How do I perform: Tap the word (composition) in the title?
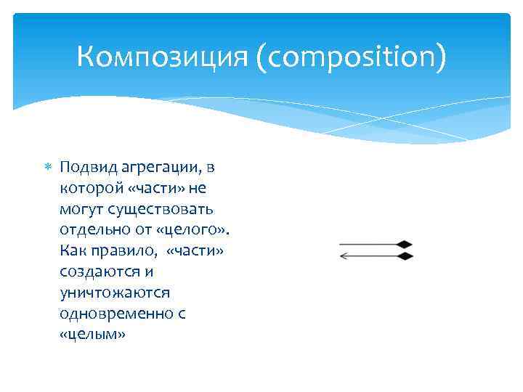349,58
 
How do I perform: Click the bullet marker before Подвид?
49,168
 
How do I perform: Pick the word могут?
81,210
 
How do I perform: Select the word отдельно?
92,231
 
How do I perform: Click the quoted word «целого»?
195,231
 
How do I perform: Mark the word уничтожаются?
105,293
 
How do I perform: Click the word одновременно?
108,314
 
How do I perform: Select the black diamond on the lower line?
405,256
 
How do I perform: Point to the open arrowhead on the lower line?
344,256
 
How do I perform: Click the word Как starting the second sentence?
74,251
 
